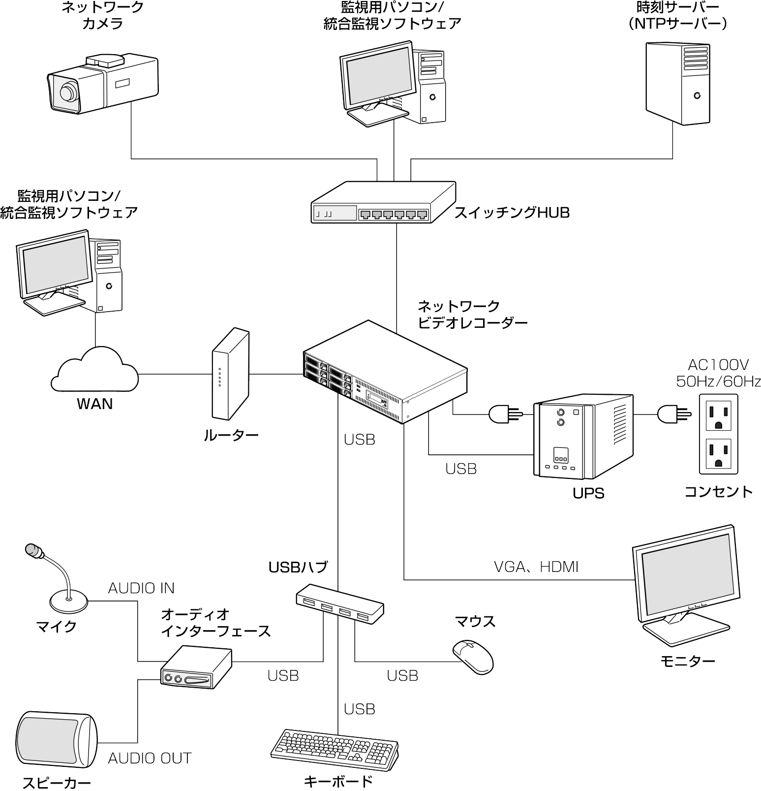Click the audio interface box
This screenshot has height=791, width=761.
[x=196, y=667]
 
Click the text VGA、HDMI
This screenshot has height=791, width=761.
[x=535, y=567]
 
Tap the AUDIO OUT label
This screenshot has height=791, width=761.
[x=150, y=758]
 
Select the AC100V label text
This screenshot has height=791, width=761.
[x=718, y=365]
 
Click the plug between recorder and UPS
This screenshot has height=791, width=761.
[x=503, y=415]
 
